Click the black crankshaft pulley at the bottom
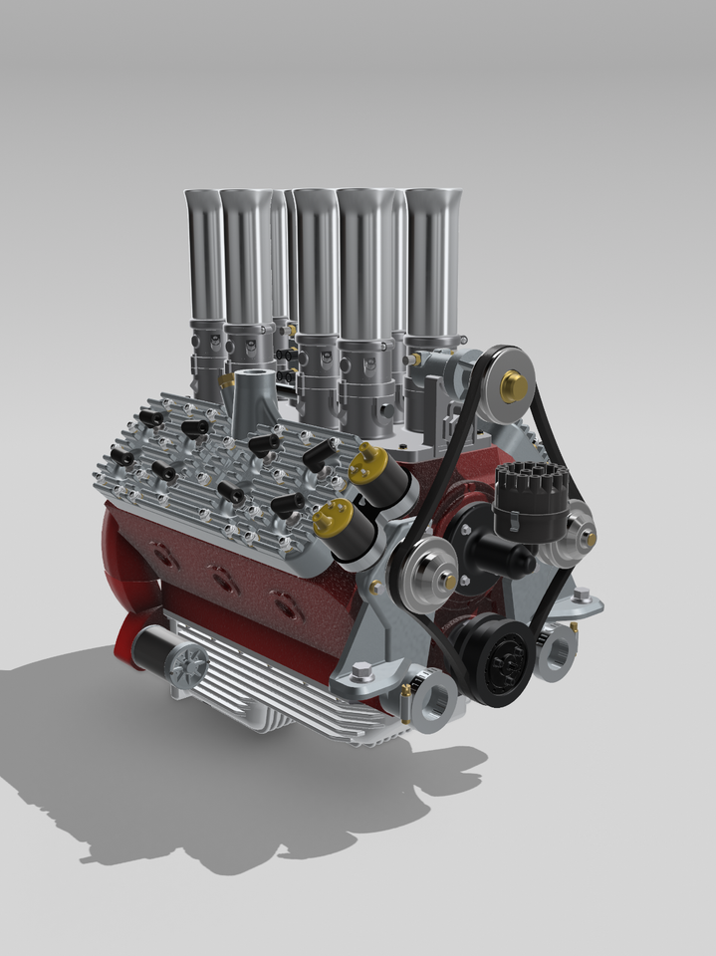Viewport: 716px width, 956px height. [506, 658]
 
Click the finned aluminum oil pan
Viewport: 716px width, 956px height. [269, 687]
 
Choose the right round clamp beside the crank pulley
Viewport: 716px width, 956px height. [556, 652]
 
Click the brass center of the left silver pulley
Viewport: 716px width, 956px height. [449, 580]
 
